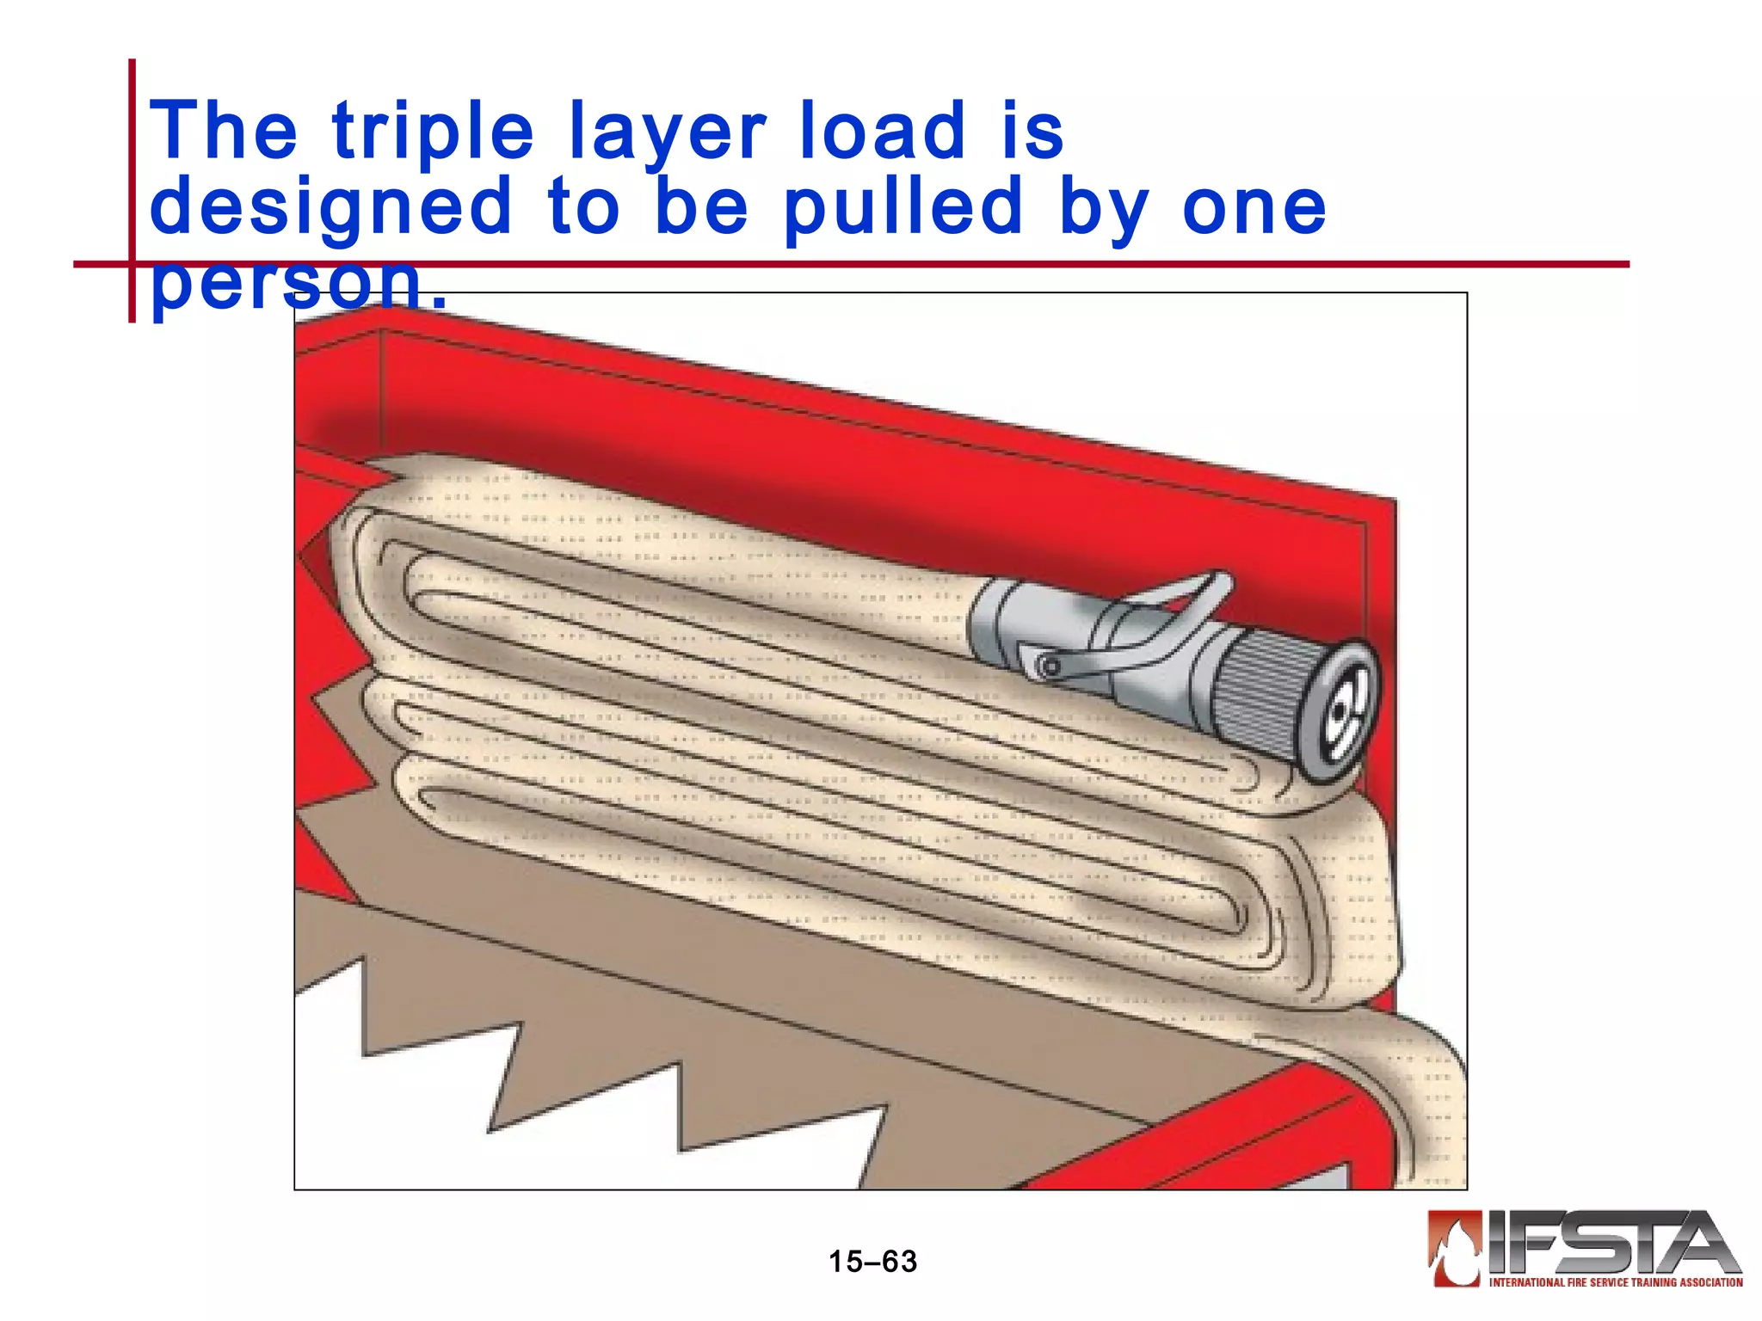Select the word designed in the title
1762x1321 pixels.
330,207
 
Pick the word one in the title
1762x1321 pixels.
1254,207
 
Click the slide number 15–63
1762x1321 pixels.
872,1262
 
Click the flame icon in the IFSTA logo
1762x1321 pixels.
1455,1247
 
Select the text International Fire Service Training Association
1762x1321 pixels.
1616,1282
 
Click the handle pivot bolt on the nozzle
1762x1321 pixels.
1050,667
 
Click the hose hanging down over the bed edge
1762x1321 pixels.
1420,1109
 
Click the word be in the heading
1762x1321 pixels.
701,207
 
